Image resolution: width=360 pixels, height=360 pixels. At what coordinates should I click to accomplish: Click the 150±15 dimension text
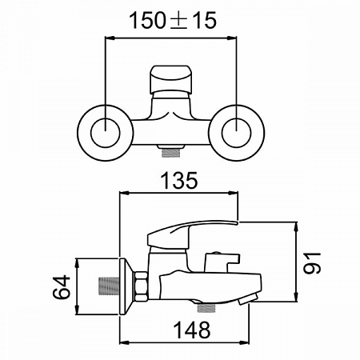(x=173, y=21)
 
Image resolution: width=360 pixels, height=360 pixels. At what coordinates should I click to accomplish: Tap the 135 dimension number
(x=179, y=181)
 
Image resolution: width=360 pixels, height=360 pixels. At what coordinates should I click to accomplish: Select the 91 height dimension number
(x=312, y=263)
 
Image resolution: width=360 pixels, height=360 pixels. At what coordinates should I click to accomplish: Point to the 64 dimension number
(x=62, y=287)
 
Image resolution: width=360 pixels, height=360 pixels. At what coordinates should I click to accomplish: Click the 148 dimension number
(x=192, y=330)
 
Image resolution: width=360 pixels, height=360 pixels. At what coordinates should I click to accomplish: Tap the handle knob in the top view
(x=171, y=79)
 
